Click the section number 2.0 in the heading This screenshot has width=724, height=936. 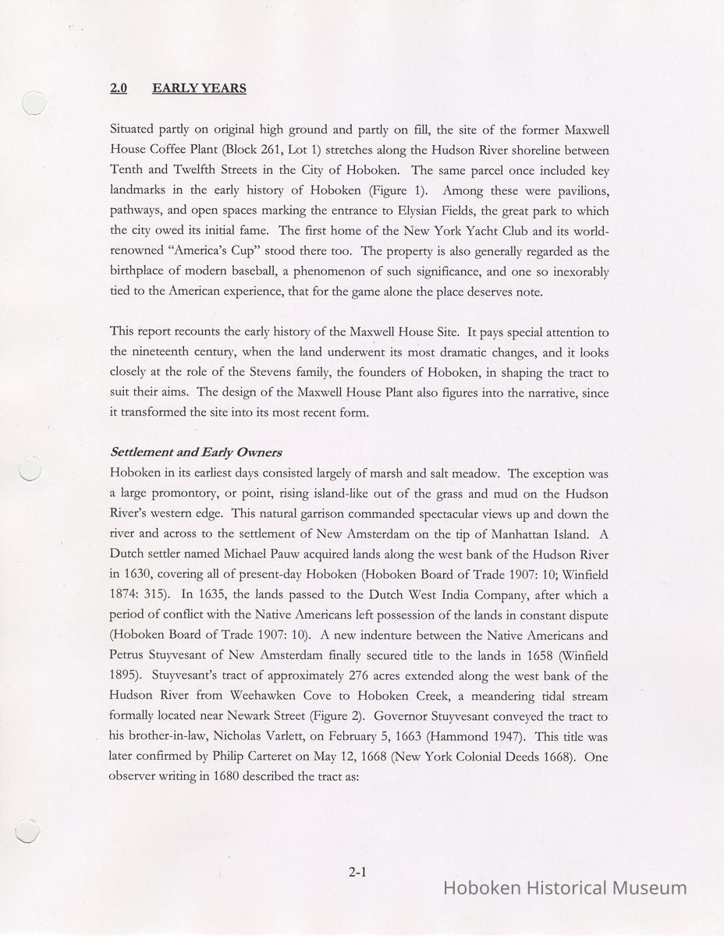(119, 88)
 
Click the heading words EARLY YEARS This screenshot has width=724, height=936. (199, 88)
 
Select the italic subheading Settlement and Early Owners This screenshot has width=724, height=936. (196, 452)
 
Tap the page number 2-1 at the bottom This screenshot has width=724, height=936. (358, 873)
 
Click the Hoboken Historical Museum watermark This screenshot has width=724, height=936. (565, 888)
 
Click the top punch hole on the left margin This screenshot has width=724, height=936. (34, 104)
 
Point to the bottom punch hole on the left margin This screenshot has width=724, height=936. (28, 831)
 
